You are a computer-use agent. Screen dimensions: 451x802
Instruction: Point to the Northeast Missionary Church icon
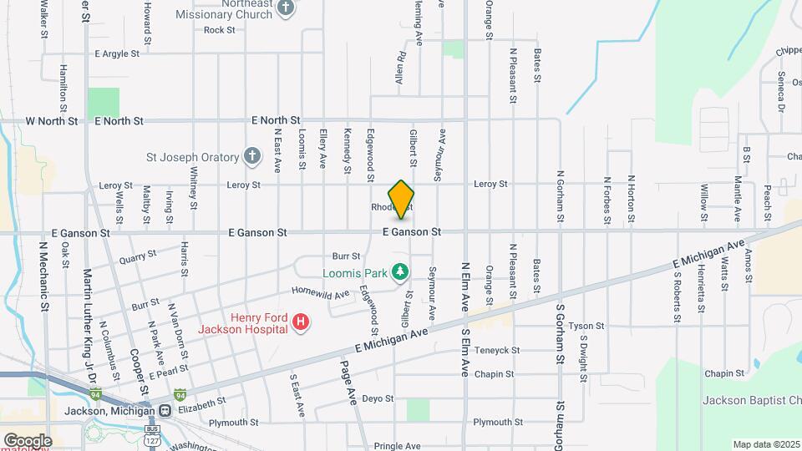coord(286,9)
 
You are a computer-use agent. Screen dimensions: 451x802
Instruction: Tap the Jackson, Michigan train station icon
coord(165,411)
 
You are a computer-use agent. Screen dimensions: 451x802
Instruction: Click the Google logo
coord(28,440)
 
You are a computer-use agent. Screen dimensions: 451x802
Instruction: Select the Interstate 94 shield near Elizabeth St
coord(180,393)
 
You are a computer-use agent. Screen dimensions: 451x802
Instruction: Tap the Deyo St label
coord(378,399)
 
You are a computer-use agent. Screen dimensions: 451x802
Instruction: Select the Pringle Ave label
coord(395,447)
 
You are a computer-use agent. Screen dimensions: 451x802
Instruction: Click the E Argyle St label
coord(123,53)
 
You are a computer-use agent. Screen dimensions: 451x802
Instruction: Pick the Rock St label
coord(220,30)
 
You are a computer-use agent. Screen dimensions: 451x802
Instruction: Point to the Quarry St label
coord(138,257)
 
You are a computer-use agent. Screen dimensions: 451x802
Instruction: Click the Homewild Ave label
coord(320,294)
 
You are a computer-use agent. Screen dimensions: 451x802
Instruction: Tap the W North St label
coord(52,121)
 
